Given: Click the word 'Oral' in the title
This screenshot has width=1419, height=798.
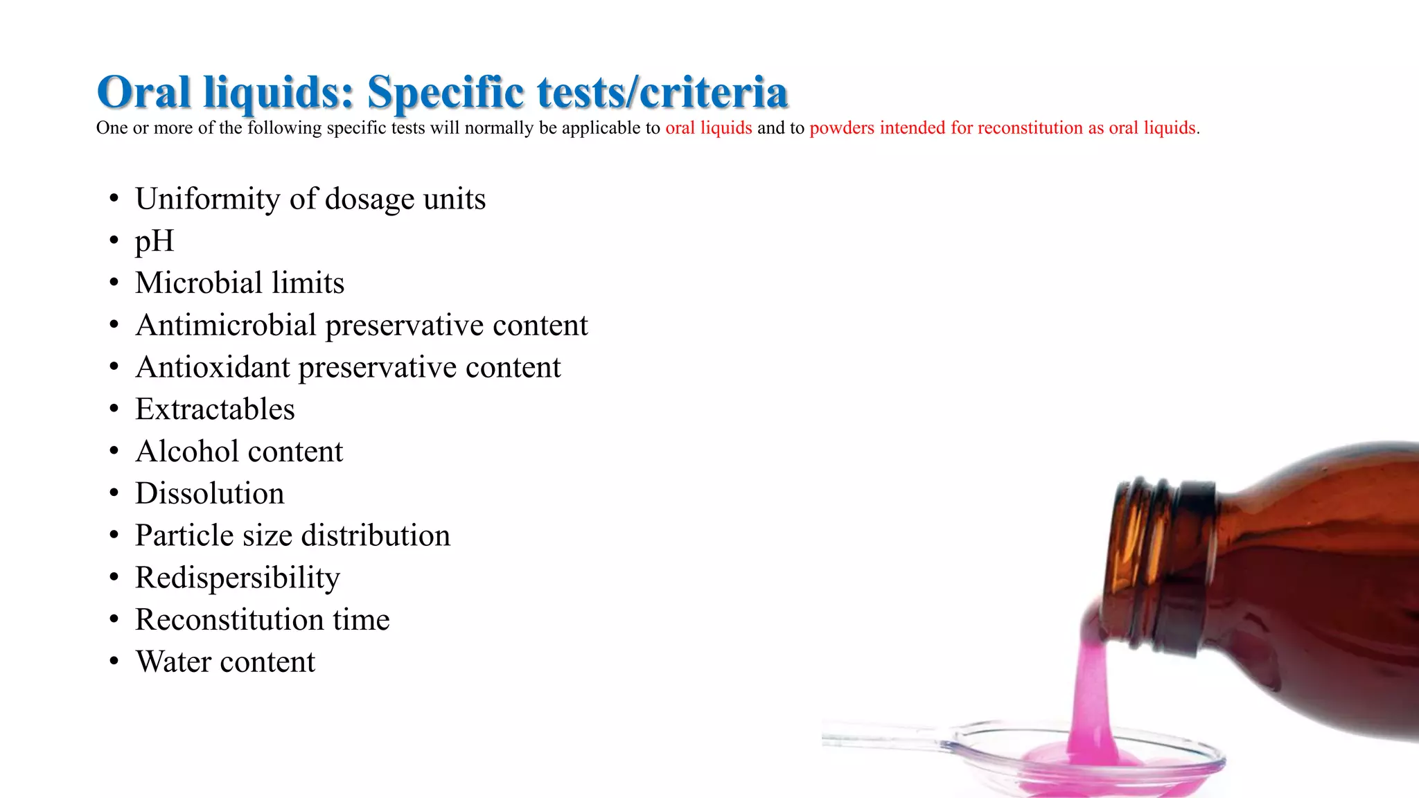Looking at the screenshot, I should [143, 92].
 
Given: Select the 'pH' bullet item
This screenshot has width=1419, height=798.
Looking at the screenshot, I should [154, 241].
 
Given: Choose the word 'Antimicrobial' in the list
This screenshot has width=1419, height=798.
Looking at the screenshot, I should [226, 326].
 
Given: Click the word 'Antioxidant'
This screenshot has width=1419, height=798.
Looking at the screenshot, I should [213, 368].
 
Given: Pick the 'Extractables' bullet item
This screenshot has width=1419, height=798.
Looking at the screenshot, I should [215, 409].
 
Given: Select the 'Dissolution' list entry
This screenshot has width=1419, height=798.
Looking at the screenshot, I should [209, 494].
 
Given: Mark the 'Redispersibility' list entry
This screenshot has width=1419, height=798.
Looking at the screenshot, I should [238, 578].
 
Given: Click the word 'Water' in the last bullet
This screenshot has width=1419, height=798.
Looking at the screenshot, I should [173, 662].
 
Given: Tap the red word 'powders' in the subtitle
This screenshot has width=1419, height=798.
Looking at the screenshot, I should [842, 128].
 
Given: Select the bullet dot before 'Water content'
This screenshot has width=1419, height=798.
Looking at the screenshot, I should [114, 662].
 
